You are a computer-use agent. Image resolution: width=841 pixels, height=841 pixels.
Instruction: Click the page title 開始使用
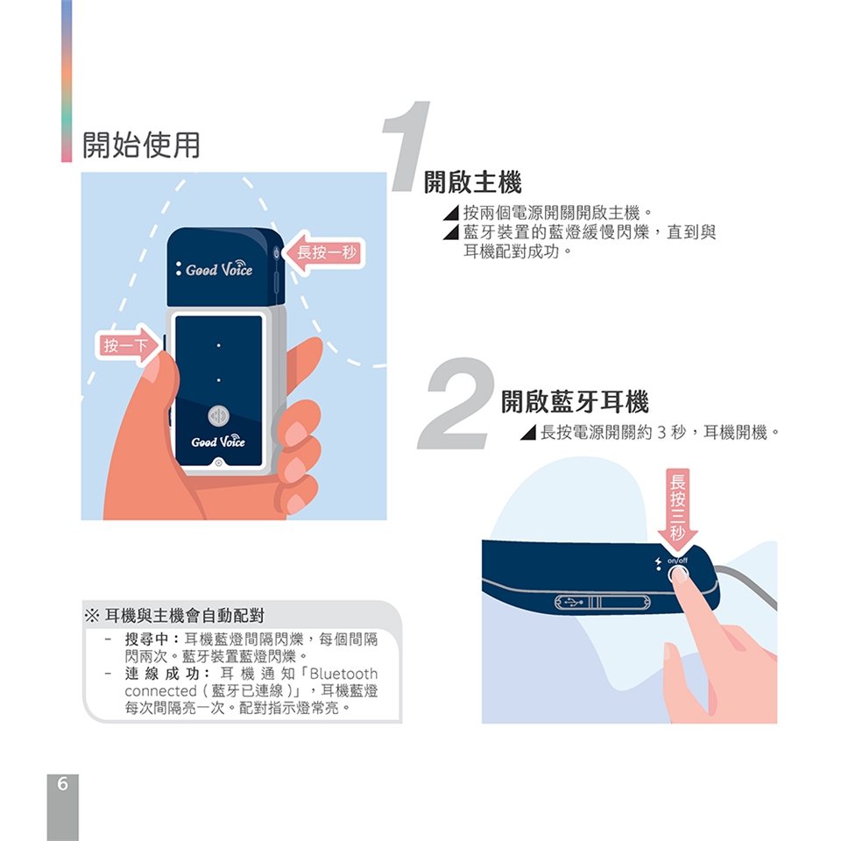(141, 145)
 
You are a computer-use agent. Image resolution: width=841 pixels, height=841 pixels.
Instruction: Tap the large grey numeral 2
(456, 403)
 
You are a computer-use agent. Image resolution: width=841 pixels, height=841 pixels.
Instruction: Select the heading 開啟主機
(472, 182)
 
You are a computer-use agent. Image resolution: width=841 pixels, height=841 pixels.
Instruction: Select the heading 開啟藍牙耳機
(575, 402)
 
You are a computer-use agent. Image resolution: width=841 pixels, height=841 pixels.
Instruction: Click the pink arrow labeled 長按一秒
(324, 252)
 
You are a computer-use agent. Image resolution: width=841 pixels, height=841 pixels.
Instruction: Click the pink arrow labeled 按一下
(129, 345)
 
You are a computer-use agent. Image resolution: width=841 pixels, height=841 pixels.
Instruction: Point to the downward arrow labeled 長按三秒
(677, 510)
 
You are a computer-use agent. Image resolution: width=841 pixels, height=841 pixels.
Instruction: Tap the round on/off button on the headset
(678, 575)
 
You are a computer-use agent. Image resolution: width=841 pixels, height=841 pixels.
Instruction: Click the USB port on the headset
(603, 603)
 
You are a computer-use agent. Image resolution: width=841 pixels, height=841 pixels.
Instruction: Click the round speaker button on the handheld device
(218, 415)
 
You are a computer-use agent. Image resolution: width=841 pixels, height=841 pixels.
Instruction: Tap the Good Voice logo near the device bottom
(218, 441)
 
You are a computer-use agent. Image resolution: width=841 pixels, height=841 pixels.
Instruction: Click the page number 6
(63, 783)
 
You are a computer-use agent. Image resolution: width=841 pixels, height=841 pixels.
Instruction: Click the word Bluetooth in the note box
(343, 674)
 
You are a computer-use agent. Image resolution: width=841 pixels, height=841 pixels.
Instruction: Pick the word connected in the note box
(160, 691)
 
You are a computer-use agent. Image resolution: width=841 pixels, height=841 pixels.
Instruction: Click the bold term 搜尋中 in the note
(146, 640)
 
